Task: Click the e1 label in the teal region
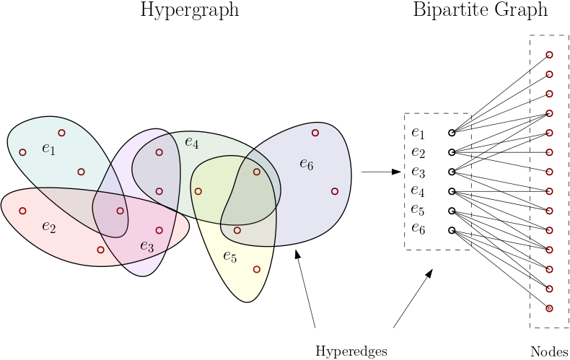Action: (48, 149)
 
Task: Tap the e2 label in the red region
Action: (48, 227)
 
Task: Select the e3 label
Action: (146, 247)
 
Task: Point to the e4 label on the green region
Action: (191, 142)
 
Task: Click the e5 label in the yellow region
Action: (229, 256)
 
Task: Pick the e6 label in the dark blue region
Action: (307, 164)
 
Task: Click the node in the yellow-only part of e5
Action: (257, 269)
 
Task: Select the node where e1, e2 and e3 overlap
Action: (120, 211)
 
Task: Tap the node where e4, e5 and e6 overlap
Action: (257, 172)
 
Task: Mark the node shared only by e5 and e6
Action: (237, 230)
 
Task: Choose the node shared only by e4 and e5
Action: (198, 191)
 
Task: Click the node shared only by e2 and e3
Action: (159, 230)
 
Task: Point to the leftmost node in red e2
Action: (22, 211)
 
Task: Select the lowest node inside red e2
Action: (100, 250)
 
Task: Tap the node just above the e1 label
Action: (61, 133)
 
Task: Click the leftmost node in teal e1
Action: (22, 152)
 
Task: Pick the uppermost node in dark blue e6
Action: (315, 133)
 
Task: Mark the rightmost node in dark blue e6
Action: (335, 191)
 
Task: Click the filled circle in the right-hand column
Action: (549, 308)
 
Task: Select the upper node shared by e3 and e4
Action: (159, 152)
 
